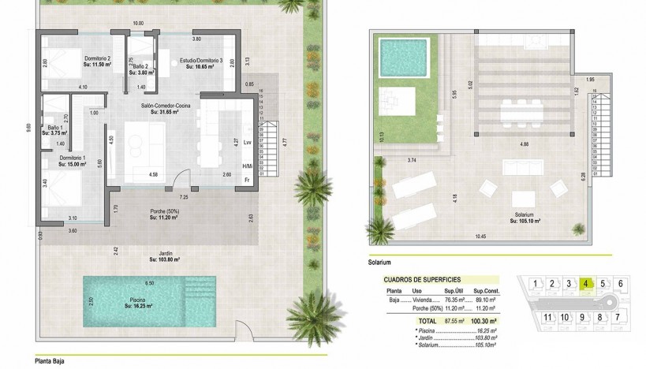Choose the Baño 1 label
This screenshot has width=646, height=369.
coord(55,129)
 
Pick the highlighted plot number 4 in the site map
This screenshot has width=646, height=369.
coord(587,284)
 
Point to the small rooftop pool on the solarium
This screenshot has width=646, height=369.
coord(401,56)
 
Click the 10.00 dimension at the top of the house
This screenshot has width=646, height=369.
coord(138,24)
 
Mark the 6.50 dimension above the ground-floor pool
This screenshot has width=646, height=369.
coord(148,282)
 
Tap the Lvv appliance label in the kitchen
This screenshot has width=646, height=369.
coord(247,143)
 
